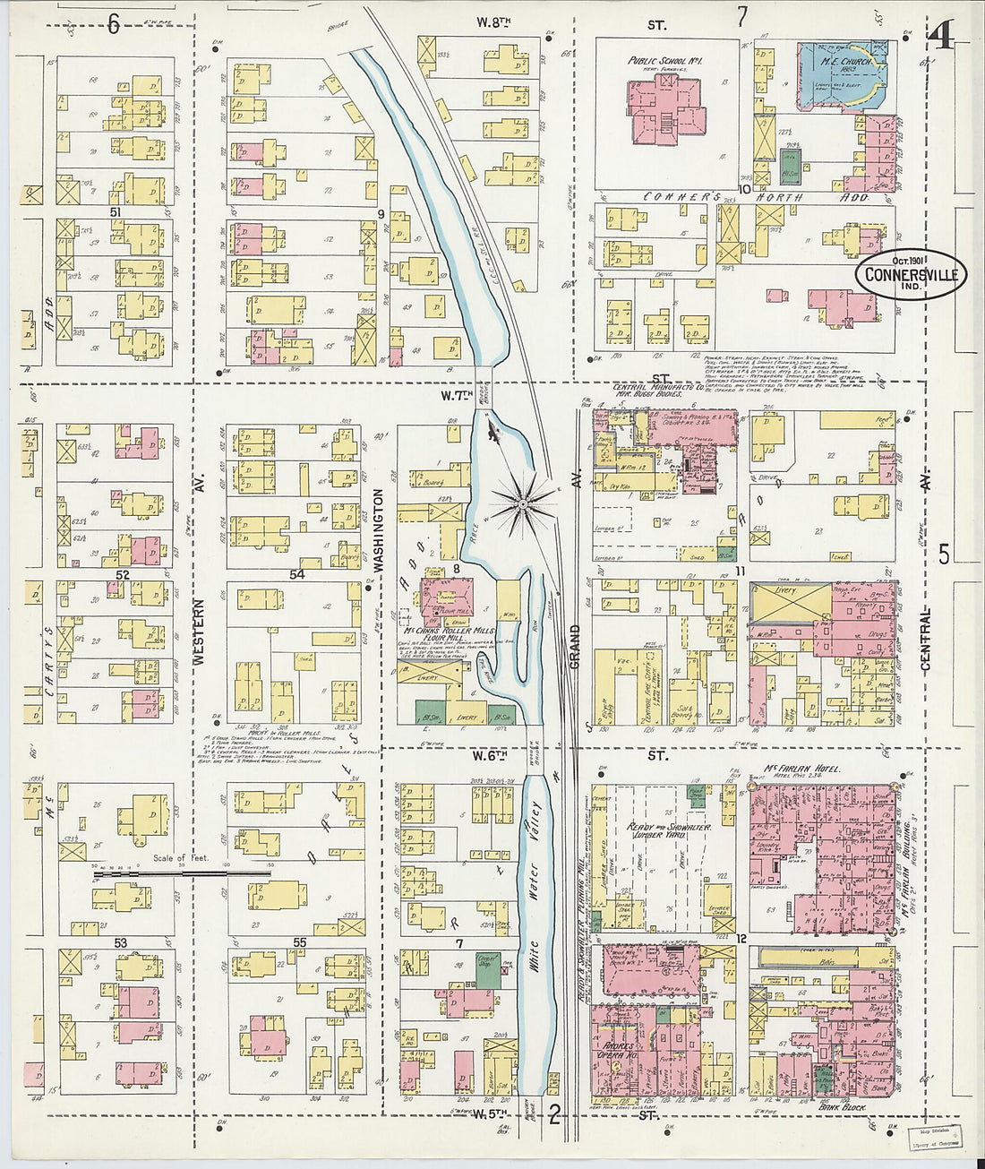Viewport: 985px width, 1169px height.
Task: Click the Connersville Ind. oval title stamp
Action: click(911, 274)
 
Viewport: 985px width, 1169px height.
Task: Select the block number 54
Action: click(296, 574)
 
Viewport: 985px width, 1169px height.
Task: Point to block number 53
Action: click(121, 942)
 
